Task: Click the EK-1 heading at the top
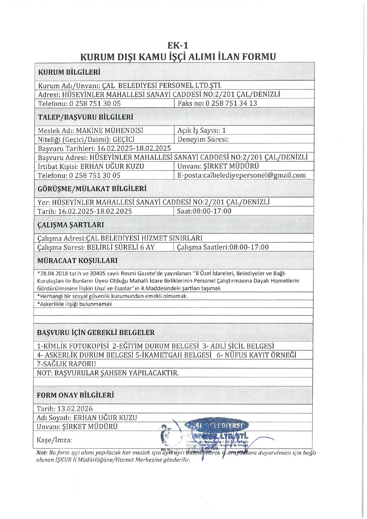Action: click(x=178, y=45)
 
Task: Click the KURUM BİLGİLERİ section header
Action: click(x=69, y=72)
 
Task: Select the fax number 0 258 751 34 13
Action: click(x=231, y=103)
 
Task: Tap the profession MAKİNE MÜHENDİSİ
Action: click(x=109, y=131)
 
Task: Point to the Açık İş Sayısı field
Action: click(x=201, y=131)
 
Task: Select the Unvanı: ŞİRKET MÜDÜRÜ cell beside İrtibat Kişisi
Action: click(x=218, y=166)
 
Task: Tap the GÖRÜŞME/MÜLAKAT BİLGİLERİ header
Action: click(x=92, y=189)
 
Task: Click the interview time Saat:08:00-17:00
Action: click(x=204, y=211)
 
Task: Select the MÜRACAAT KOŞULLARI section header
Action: click(x=77, y=261)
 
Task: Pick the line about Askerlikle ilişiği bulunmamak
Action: click(x=75, y=304)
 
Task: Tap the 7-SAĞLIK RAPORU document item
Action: click(x=66, y=364)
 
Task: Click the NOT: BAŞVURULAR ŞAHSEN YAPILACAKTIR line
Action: click(x=108, y=373)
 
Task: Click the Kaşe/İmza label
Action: click(x=54, y=440)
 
